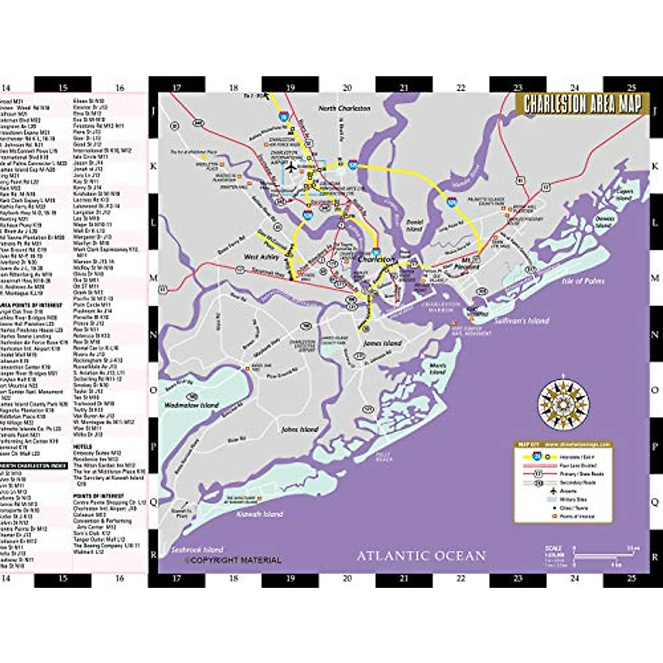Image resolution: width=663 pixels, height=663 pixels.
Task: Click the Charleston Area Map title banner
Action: click(579, 104)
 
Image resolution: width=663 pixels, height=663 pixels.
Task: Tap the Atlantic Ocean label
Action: click(421, 555)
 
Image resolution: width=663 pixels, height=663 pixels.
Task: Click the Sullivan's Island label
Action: click(522, 320)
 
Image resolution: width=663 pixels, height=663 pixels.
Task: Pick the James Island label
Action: click(382, 343)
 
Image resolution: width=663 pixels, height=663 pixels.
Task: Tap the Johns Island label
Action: click(299, 429)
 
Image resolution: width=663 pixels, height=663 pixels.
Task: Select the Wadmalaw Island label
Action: click(192, 405)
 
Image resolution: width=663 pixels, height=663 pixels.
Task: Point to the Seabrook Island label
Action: click(197, 550)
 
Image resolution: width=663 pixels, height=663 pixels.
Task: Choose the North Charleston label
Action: click(344, 108)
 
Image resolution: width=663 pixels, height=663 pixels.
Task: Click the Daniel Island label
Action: click(414, 225)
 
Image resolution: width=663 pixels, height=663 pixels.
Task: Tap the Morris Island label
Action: click(437, 369)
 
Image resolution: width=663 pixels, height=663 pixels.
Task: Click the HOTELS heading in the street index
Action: click(82, 445)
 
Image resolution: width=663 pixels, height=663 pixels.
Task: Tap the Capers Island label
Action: click(624, 194)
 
